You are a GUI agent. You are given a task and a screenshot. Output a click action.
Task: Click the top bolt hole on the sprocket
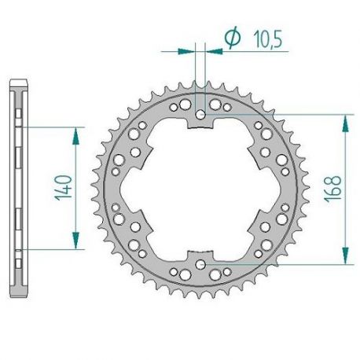tap(204, 116)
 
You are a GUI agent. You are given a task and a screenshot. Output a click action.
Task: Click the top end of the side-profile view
tap(19, 81)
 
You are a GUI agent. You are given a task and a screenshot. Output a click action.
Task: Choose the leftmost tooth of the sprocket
tap(91, 189)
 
